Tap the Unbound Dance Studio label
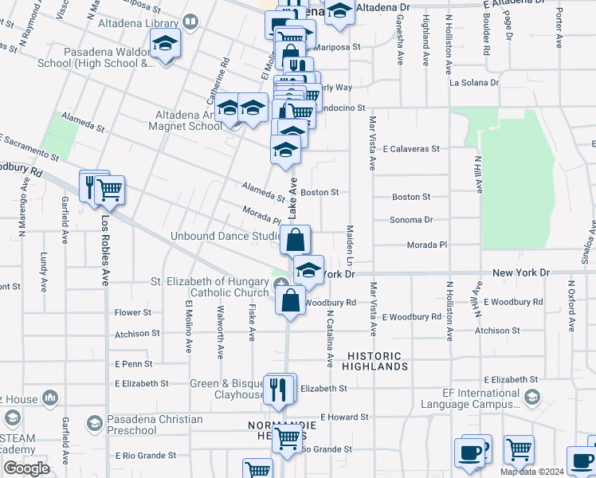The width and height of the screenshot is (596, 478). pos(225,237)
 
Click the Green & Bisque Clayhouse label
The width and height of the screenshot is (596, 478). pos(227,389)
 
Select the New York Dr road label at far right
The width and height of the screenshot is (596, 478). pos(521,272)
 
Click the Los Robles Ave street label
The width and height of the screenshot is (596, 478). pos(104,250)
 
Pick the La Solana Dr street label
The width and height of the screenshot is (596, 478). pos(474,82)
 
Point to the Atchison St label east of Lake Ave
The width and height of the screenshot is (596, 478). pos(496,331)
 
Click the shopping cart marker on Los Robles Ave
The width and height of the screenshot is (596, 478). pos(110,190)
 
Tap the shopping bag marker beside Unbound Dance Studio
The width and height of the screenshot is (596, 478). pos(295,239)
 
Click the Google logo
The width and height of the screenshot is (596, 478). pos(26,468)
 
